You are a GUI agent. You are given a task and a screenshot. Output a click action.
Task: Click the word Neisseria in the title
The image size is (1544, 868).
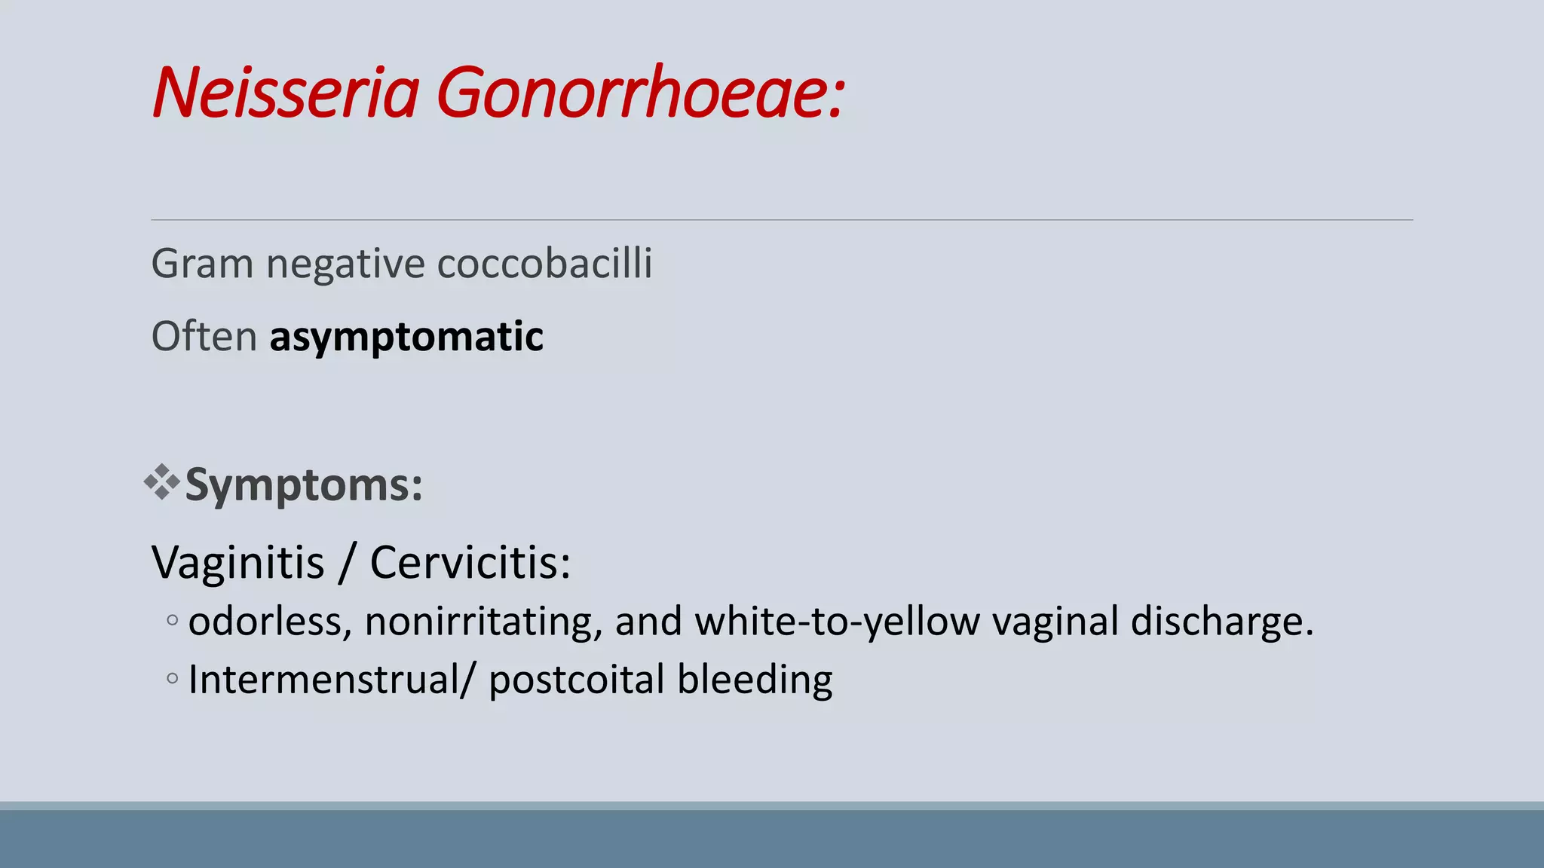tap(285, 93)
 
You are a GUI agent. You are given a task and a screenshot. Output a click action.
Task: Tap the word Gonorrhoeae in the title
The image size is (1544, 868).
tap(639, 93)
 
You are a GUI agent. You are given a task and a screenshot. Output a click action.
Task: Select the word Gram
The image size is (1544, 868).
tap(202, 264)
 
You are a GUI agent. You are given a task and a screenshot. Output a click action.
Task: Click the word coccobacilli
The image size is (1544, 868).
tap(544, 264)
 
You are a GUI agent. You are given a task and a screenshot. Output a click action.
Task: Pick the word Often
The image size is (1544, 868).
tap(204, 336)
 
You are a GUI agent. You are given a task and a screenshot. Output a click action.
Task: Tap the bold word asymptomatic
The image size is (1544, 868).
tap(406, 337)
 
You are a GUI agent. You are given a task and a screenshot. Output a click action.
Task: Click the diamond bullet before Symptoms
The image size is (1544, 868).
tap(161, 482)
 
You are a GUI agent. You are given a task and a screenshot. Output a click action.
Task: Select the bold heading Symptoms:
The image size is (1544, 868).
tap(304, 485)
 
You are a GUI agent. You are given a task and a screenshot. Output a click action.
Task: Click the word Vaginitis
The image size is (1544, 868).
tap(237, 562)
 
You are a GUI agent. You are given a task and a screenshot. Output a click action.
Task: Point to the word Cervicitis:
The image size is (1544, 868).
tap(470, 562)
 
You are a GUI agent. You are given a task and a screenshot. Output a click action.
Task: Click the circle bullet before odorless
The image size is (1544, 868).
tap(173, 621)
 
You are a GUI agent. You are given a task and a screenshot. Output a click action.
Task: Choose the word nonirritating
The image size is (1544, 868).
tap(483, 622)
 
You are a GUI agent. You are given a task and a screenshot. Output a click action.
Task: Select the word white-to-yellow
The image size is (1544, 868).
tap(837, 622)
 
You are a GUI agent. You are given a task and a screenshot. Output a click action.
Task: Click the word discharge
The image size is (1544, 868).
tap(1221, 622)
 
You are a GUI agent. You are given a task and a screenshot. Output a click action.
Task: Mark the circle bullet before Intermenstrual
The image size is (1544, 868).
tap(173, 678)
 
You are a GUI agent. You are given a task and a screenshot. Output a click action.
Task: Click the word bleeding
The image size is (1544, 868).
tap(755, 680)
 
